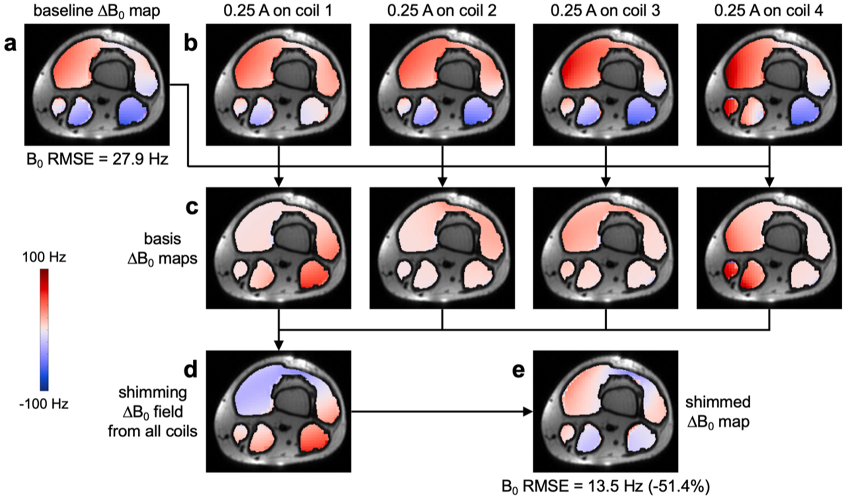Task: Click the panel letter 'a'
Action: point(10,45)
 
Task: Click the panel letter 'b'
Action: point(191,45)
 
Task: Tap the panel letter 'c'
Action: point(192,207)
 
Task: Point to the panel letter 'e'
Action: point(518,371)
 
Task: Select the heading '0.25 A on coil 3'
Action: point(605,11)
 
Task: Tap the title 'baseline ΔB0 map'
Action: point(97,11)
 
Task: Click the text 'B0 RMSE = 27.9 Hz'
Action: point(97,160)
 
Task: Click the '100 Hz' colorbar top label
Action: point(44,257)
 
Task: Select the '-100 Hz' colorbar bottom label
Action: point(44,404)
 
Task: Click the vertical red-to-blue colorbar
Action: point(44,330)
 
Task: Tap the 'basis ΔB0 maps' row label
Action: point(163,249)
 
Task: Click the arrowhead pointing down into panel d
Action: point(279,345)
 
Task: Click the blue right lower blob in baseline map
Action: point(133,112)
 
